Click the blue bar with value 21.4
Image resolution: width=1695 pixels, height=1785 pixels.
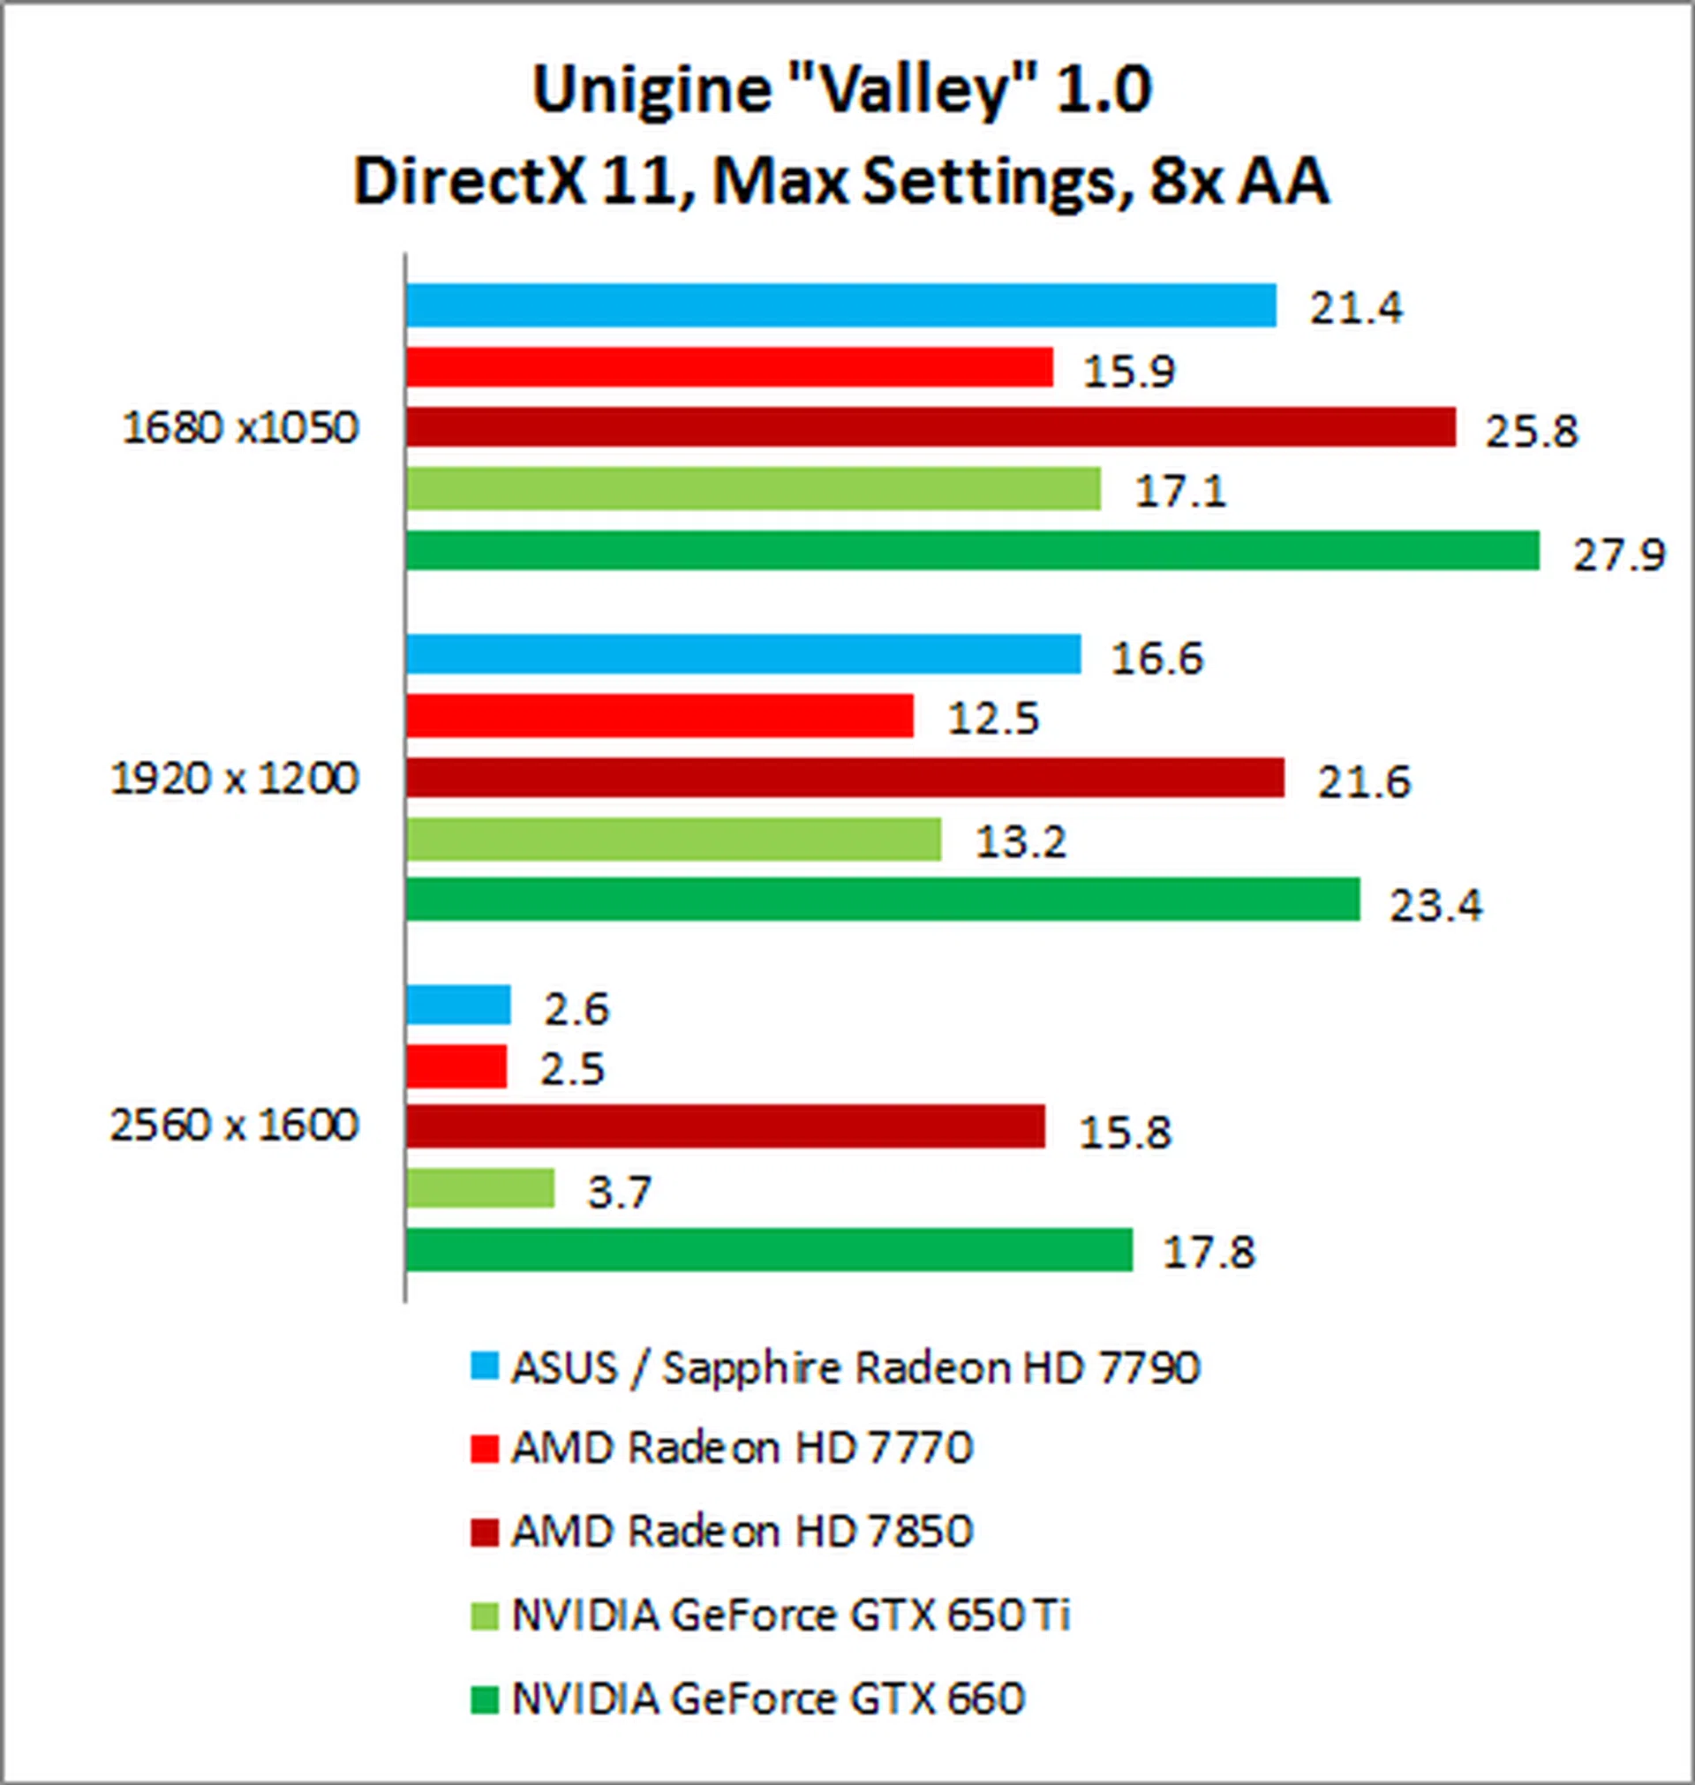click(x=840, y=305)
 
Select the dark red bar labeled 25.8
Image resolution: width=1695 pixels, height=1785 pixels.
click(x=930, y=426)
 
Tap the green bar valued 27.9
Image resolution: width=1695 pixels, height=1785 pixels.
click(x=972, y=550)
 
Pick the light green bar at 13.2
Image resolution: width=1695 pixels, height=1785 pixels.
click(x=673, y=840)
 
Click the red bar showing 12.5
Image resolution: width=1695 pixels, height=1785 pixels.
click(x=659, y=716)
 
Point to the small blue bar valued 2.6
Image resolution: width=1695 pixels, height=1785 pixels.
click(x=458, y=1005)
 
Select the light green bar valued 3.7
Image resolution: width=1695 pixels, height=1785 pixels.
click(x=479, y=1188)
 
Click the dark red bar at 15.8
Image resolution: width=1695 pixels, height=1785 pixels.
click(x=725, y=1126)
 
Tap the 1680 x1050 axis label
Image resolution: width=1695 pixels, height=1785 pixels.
click(x=240, y=428)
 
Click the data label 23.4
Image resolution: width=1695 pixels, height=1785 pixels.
click(x=1435, y=905)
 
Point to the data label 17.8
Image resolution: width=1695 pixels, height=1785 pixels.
click(x=1209, y=1253)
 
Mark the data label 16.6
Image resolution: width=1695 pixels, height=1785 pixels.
click(x=1157, y=659)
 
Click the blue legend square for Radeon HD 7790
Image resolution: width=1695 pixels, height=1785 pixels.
click(x=485, y=1367)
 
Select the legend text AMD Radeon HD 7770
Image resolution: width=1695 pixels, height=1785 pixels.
click(x=742, y=1448)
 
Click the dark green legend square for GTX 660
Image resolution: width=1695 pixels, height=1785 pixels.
click(x=485, y=1698)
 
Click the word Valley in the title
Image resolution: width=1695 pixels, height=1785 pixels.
click(x=903, y=90)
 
